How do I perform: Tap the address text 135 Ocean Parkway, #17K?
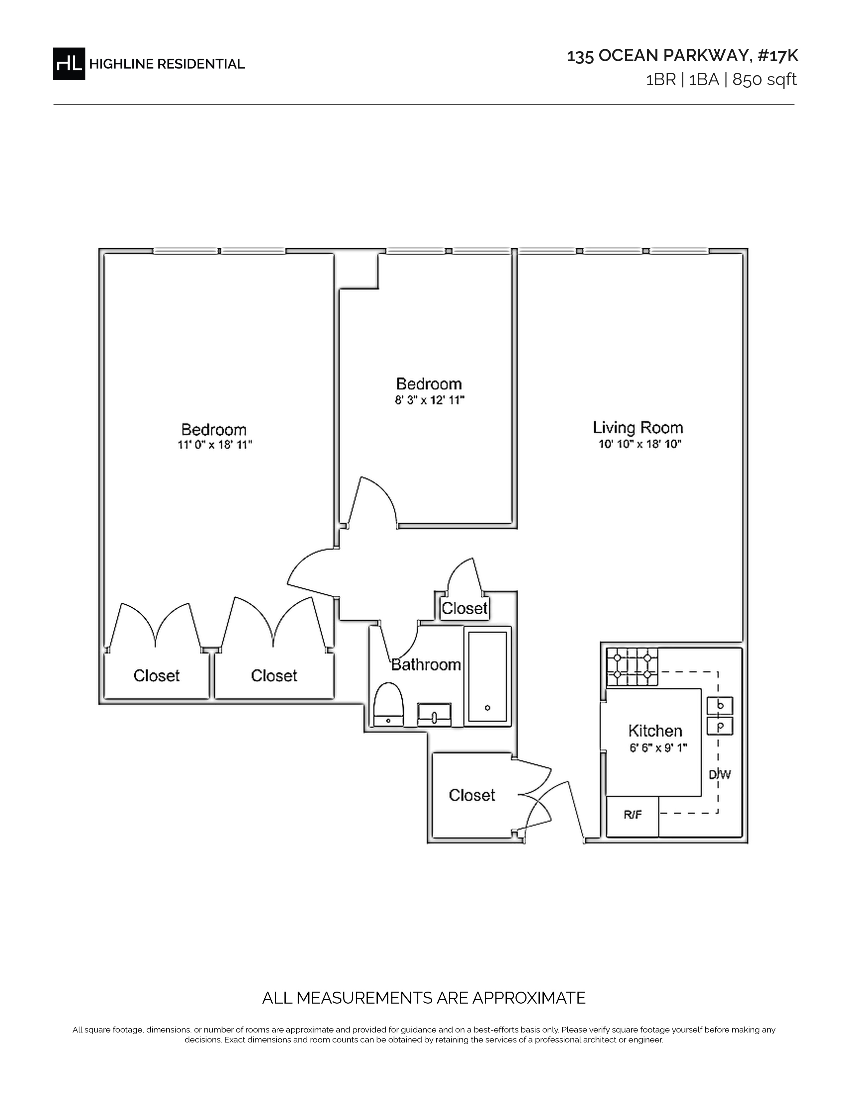click(682, 56)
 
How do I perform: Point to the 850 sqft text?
click(765, 80)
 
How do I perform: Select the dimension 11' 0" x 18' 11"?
click(214, 445)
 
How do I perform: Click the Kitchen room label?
click(655, 730)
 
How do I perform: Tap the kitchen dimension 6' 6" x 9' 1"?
click(658, 748)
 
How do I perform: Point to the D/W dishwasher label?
click(719, 775)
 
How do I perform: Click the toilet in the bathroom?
click(388, 704)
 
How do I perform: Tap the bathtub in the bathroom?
click(487, 676)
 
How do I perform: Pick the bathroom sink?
click(434, 715)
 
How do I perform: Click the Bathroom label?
click(426, 665)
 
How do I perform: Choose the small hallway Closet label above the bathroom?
click(465, 608)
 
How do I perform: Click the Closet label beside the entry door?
click(472, 795)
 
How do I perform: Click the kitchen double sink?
click(720, 716)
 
